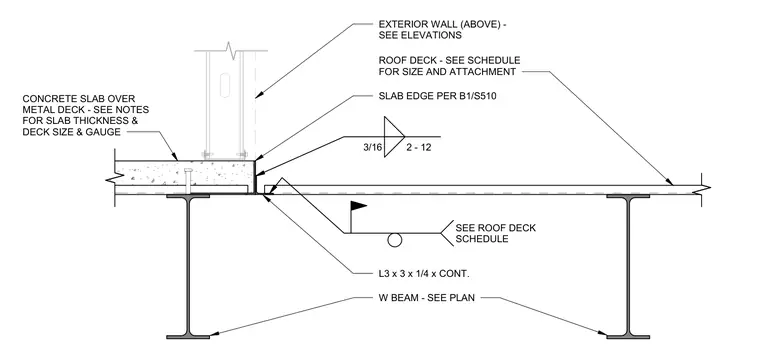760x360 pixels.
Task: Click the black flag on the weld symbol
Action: tap(358, 206)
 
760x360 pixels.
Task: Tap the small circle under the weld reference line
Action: tap(395, 240)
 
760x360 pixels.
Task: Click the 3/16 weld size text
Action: tap(372, 148)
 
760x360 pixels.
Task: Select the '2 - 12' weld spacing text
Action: tap(419, 148)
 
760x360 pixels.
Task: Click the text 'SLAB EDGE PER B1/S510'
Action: tap(437, 96)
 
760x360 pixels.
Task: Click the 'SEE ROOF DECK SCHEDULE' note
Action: tap(495, 233)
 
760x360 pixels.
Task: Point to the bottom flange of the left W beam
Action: tap(188, 336)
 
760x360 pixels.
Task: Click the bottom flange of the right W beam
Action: tap(628, 336)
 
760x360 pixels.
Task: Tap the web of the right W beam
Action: tap(628, 266)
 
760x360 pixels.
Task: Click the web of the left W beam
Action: tap(188, 266)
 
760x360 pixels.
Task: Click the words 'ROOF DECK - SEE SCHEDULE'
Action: tap(449, 61)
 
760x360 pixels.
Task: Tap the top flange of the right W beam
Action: tap(628, 196)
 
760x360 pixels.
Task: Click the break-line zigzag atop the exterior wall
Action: tap(231, 50)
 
